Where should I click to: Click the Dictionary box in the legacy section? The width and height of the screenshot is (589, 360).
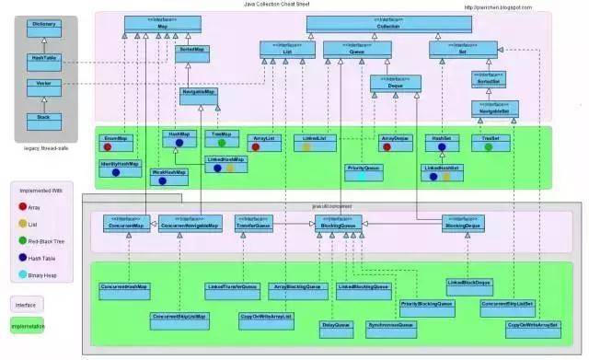click(43, 25)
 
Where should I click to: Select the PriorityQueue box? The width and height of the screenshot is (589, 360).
click(364, 171)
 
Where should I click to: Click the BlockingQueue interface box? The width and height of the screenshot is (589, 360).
click(334, 223)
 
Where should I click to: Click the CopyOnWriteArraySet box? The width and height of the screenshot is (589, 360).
click(532, 325)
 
